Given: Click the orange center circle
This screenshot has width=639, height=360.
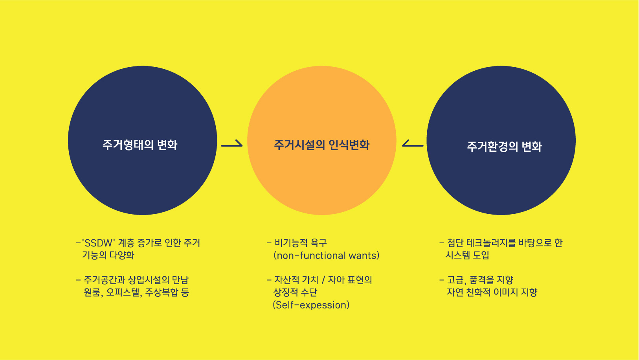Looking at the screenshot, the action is point(322,140).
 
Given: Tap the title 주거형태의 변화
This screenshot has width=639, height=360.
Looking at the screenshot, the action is point(140,145).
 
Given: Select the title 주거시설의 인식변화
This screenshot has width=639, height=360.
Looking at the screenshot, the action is point(322,145).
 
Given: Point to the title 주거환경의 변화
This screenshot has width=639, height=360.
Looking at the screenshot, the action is point(504,147).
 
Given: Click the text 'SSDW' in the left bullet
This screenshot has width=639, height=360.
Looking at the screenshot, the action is point(98,243).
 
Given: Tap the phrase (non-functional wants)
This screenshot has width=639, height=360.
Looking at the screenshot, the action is point(326,255).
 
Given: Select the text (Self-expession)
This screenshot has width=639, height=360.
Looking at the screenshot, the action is point(311,305).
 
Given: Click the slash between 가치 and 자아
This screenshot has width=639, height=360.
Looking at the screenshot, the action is point(323,280).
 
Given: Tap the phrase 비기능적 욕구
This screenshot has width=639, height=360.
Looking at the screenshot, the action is point(301,243).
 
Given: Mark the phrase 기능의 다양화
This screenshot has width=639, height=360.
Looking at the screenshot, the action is point(108,255).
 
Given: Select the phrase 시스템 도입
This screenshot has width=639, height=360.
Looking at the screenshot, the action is point(467,255).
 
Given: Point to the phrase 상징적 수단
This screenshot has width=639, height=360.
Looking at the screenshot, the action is point(295,292).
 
